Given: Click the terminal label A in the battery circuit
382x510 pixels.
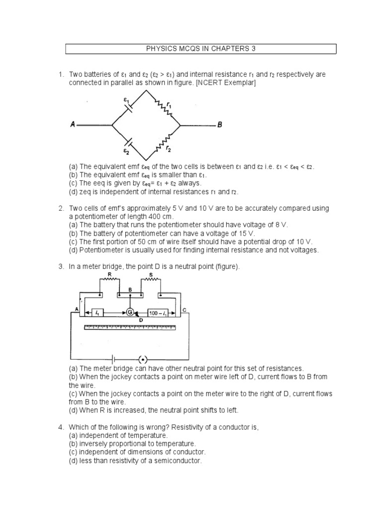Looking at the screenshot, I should click(x=73, y=125).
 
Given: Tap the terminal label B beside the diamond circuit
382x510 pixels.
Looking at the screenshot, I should click(x=219, y=125).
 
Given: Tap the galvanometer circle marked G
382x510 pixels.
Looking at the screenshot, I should click(x=130, y=312).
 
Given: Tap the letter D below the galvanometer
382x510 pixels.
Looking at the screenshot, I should click(x=141, y=319).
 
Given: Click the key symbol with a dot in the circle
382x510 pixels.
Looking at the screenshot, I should click(x=143, y=359).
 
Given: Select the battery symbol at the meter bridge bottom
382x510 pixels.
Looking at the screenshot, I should click(x=115, y=359).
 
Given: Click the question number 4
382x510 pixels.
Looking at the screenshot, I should click(x=60, y=427).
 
